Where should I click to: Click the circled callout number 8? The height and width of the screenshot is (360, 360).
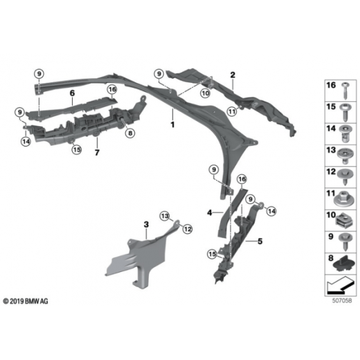[130, 133]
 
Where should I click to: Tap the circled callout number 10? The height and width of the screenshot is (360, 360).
[205, 93]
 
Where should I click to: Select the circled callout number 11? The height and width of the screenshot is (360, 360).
[232, 112]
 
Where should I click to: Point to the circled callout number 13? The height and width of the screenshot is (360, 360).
[164, 216]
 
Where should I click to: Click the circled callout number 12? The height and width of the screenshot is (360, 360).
[187, 229]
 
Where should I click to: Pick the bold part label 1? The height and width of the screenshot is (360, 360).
[173, 125]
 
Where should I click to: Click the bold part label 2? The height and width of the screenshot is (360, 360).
[233, 75]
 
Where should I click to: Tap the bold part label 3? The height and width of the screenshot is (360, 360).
[147, 224]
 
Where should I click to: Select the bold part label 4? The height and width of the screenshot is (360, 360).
[210, 213]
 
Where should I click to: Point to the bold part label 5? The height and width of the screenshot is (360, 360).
[260, 241]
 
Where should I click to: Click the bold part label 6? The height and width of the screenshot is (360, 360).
[72, 93]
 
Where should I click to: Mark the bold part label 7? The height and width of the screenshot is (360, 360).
[97, 152]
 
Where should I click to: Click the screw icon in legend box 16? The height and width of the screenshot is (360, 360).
[346, 90]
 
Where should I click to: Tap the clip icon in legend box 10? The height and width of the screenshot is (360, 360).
[343, 221]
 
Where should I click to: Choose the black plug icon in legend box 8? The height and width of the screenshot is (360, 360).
[343, 263]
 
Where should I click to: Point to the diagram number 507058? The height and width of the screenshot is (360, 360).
[342, 301]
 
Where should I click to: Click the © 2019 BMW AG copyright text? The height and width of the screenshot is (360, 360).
[25, 301]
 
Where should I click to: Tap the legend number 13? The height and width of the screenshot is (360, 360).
[331, 150]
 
